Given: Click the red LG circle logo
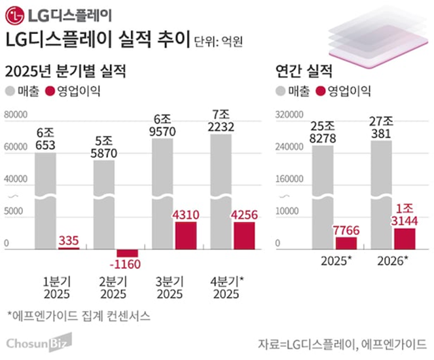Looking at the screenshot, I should click(16, 14).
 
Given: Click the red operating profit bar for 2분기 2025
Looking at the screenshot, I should click(126, 253).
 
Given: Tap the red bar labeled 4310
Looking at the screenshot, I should click(185, 235).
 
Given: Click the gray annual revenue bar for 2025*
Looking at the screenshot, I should click(323, 196).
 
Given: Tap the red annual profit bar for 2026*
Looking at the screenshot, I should click(404, 238).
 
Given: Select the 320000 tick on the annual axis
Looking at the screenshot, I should click(289, 117).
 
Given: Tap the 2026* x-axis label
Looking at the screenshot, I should click(393, 262).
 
